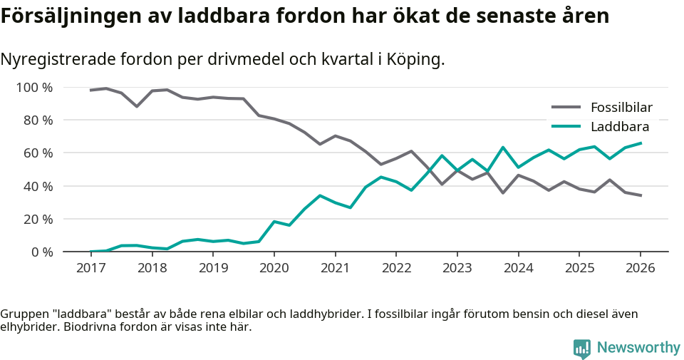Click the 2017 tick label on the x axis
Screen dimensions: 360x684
point(90,268)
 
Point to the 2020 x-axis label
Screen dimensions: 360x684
point(274,268)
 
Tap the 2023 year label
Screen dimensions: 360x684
point(457,268)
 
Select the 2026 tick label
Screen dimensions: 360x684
point(640,268)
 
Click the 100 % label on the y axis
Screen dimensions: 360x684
point(35,88)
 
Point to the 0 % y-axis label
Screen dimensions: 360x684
point(41,252)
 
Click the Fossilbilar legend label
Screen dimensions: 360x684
point(621,108)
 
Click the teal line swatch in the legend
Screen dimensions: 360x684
point(566,127)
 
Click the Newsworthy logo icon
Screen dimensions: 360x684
point(582,348)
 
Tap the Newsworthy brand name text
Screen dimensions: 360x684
point(638,348)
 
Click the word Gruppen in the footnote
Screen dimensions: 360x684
point(24,314)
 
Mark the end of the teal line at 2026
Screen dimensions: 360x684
point(641,143)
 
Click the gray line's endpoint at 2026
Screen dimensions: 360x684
point(641,195)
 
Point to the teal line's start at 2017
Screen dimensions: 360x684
point(91,252)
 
